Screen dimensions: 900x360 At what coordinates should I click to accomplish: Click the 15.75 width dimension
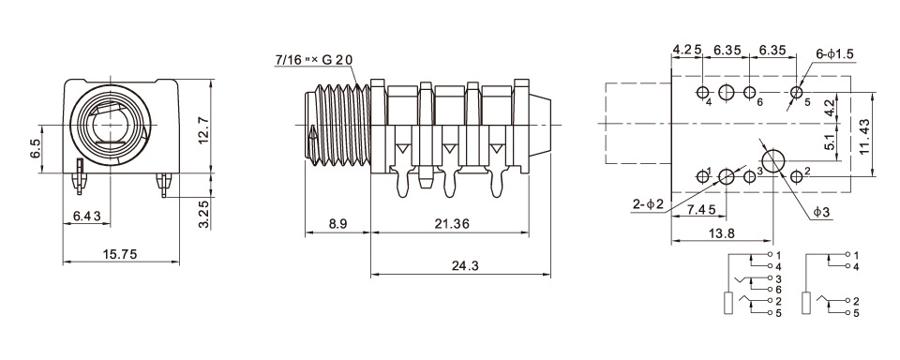point(121,254)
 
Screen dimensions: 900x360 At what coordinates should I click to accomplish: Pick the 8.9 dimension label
point(337,224)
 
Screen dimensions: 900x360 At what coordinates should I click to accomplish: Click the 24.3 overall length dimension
point(466,266)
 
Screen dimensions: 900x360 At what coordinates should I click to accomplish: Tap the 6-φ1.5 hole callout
point(834,54)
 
